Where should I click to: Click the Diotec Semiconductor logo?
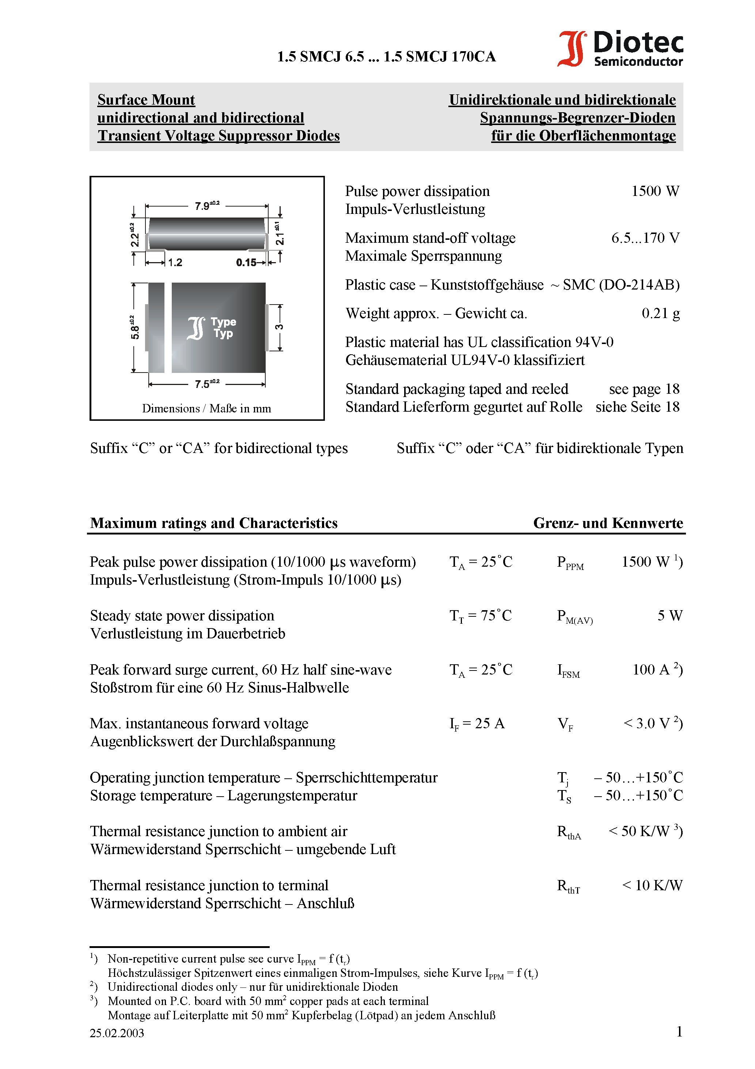(x=620, y=48)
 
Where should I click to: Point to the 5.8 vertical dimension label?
(x=134, y=327)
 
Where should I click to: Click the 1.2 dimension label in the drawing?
(x=175, y=262)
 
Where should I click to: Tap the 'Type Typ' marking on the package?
(x=223, y=328)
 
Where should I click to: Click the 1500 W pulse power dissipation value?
(x=655, y=191)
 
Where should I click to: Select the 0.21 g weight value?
(x=660, y=313)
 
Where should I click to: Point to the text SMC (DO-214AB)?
(x=621, y=284)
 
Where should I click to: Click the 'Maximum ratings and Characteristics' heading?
(x=214, y=523)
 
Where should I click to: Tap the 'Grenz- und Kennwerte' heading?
(x=608, y=523)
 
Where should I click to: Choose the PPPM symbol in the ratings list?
(x=570, y=563)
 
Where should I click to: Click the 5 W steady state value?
(x=669, y=616)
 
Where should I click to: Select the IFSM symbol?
(x=568, y=671)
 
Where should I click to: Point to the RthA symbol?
(x=569, y=832)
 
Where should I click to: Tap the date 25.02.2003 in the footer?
(x=117, y=1033)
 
